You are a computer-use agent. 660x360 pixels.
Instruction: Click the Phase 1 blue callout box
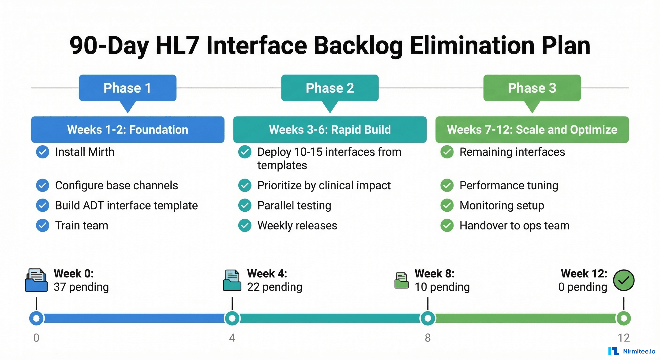[127, 88]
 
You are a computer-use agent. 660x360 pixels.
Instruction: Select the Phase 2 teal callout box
[330, 88]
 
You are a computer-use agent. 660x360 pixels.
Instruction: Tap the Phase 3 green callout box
[532, 88]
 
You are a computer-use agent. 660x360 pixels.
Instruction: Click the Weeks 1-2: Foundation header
[127, 130]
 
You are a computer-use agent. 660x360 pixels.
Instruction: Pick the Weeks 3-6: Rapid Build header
[330, 130]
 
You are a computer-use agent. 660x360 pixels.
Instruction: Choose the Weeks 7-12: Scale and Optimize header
[532, 130]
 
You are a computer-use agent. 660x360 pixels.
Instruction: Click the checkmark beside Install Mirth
[42, 152]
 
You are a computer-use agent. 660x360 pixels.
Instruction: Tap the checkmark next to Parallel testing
[245, 205]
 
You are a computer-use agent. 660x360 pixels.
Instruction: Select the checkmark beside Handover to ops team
[447, 225]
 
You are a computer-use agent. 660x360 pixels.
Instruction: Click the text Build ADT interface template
[126, 206]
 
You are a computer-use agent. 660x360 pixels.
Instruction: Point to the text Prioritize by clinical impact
[324, 186]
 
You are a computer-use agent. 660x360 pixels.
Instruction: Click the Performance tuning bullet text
[509, 186]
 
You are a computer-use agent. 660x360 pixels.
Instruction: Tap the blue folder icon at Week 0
[36, 280]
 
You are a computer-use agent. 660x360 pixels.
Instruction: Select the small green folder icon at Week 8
[401, 280]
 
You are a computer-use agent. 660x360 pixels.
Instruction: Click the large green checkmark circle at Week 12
[624, 280]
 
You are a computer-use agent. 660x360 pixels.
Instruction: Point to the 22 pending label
[274, 287]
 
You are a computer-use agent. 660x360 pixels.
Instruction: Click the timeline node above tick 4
[232, 318]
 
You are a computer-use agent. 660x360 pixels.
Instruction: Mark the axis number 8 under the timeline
[427, 338]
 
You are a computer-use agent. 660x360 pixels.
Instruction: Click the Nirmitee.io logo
[632, 351]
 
